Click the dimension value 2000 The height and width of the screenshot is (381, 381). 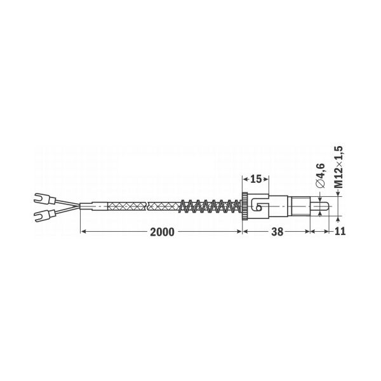pyautogui.click(x=162, y=232)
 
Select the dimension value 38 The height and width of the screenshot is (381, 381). pyautogui.click(x=277, y=232)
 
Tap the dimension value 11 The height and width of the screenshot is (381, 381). pyautogui.click(x=340, y=231)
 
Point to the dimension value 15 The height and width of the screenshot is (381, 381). pyautogui.click(x=256, y=179)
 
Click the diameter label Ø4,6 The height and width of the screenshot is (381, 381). pyautogui.click(x=321, y=175)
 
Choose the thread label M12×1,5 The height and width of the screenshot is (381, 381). pyautogui.click(x=338, y=167)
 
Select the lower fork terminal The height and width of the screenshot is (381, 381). pyautogui.click(x=44, y=215)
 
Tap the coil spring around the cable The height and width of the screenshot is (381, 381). pyautogui.click(x=210, y=206)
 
